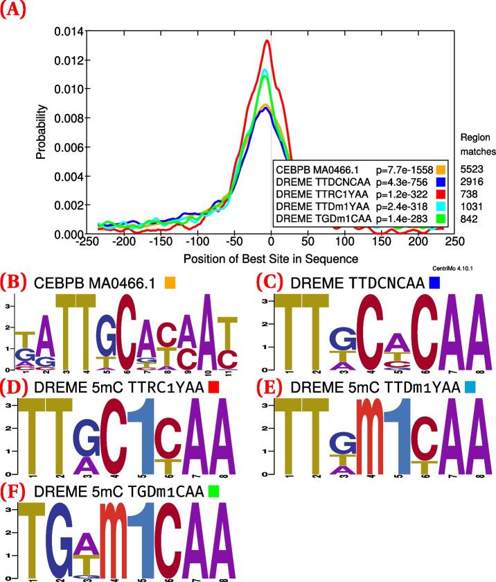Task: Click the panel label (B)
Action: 14,282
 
